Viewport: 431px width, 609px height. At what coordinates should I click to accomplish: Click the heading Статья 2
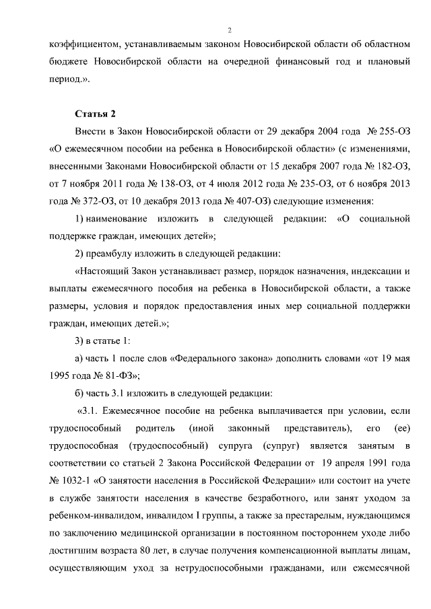tap(95, 112)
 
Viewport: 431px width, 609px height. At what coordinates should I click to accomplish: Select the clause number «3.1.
tap(89, 410)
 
